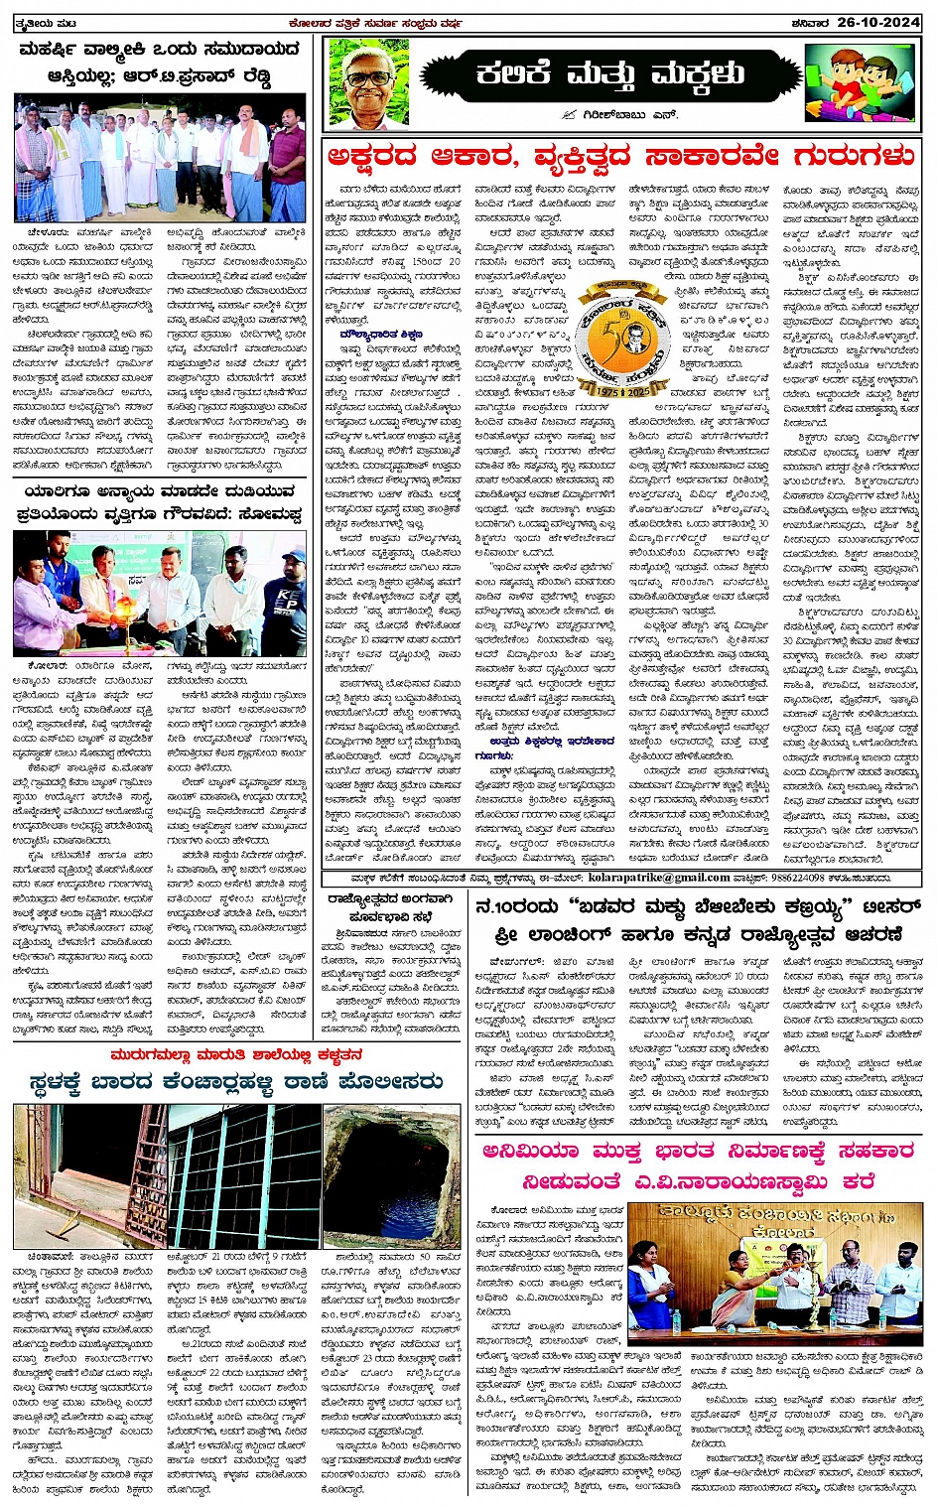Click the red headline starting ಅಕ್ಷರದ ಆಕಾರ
[x=621, y=157]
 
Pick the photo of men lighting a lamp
[x=161, y=594]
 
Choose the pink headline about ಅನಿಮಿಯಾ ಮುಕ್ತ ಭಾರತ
[x=697, y=1165]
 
